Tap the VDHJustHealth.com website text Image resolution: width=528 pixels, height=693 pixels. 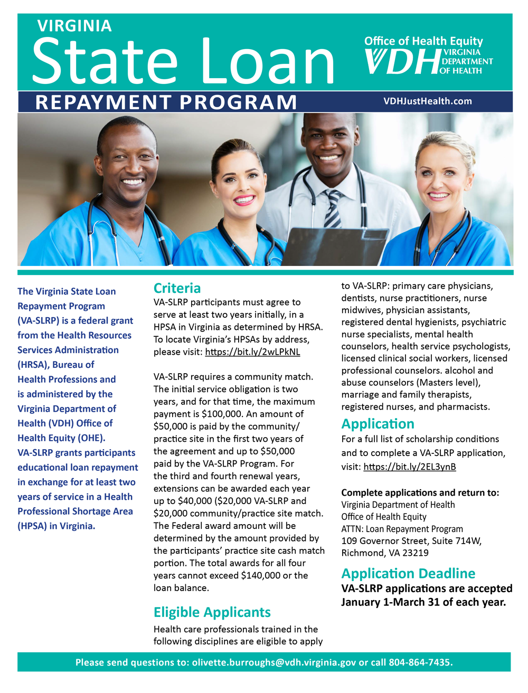pos(428,101)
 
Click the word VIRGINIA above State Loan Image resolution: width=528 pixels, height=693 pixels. pos(74,26)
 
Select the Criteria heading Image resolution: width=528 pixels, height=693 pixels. pos(177,288)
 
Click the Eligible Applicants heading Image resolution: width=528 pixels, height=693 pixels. pos(212,612)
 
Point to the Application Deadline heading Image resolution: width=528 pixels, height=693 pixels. pos(408,574)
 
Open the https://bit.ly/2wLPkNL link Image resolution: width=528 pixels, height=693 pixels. pos(252,352)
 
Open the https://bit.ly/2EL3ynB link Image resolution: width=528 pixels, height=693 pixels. pos(409,467)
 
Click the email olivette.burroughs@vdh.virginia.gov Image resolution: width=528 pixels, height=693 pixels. pos(274,662)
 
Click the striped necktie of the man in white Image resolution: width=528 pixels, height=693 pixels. pos(333,208)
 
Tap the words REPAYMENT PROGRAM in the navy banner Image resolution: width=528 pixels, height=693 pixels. pos(166,102)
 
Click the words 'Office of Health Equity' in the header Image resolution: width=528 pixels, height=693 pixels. pos(423,41)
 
